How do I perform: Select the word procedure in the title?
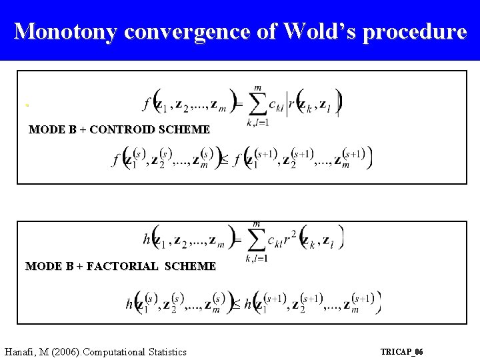click(x=417, y=31)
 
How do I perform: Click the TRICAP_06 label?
click(x=401, y=351)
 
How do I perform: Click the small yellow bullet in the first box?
click(x=27, y=105)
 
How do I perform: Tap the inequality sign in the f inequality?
click(x=223, y=160)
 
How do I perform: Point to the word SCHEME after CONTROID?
click(x=185, y=129)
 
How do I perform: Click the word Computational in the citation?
click(x=111, y=351)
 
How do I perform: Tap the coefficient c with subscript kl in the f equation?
click(x=276, y=105)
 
